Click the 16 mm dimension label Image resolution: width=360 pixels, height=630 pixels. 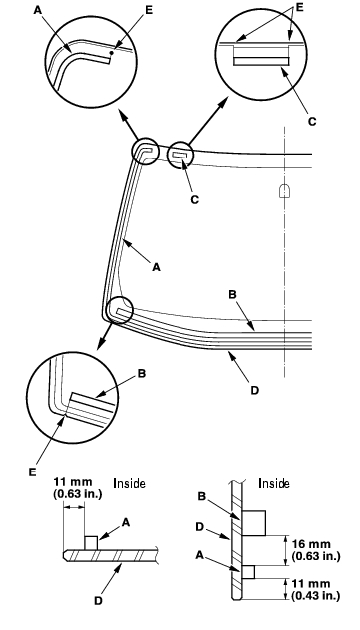pyautogui.click(x=312, y=544)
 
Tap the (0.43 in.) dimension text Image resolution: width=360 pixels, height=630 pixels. pyautogui.click(x=316, y=595)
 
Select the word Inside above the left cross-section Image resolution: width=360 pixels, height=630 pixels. pyautogui.click(x=129, y=483)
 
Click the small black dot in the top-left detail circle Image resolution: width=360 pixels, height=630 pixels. pyautogui.click(x=114, y=52)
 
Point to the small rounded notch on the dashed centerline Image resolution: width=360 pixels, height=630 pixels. pyautogui.click(x=284, y=190)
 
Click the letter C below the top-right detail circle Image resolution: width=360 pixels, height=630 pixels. pyautogui.click(x=312, y=121)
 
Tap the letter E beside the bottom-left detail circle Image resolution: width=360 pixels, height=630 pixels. pyautogui.click(x=33, y=472)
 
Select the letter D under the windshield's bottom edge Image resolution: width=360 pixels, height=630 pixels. pyautogui.click(x=254, y=390)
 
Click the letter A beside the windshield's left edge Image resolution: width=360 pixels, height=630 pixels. pyautogui.click(x=156, y=266)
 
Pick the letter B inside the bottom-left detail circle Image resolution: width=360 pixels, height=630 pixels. pyautogui.click(x=142, y=373)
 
